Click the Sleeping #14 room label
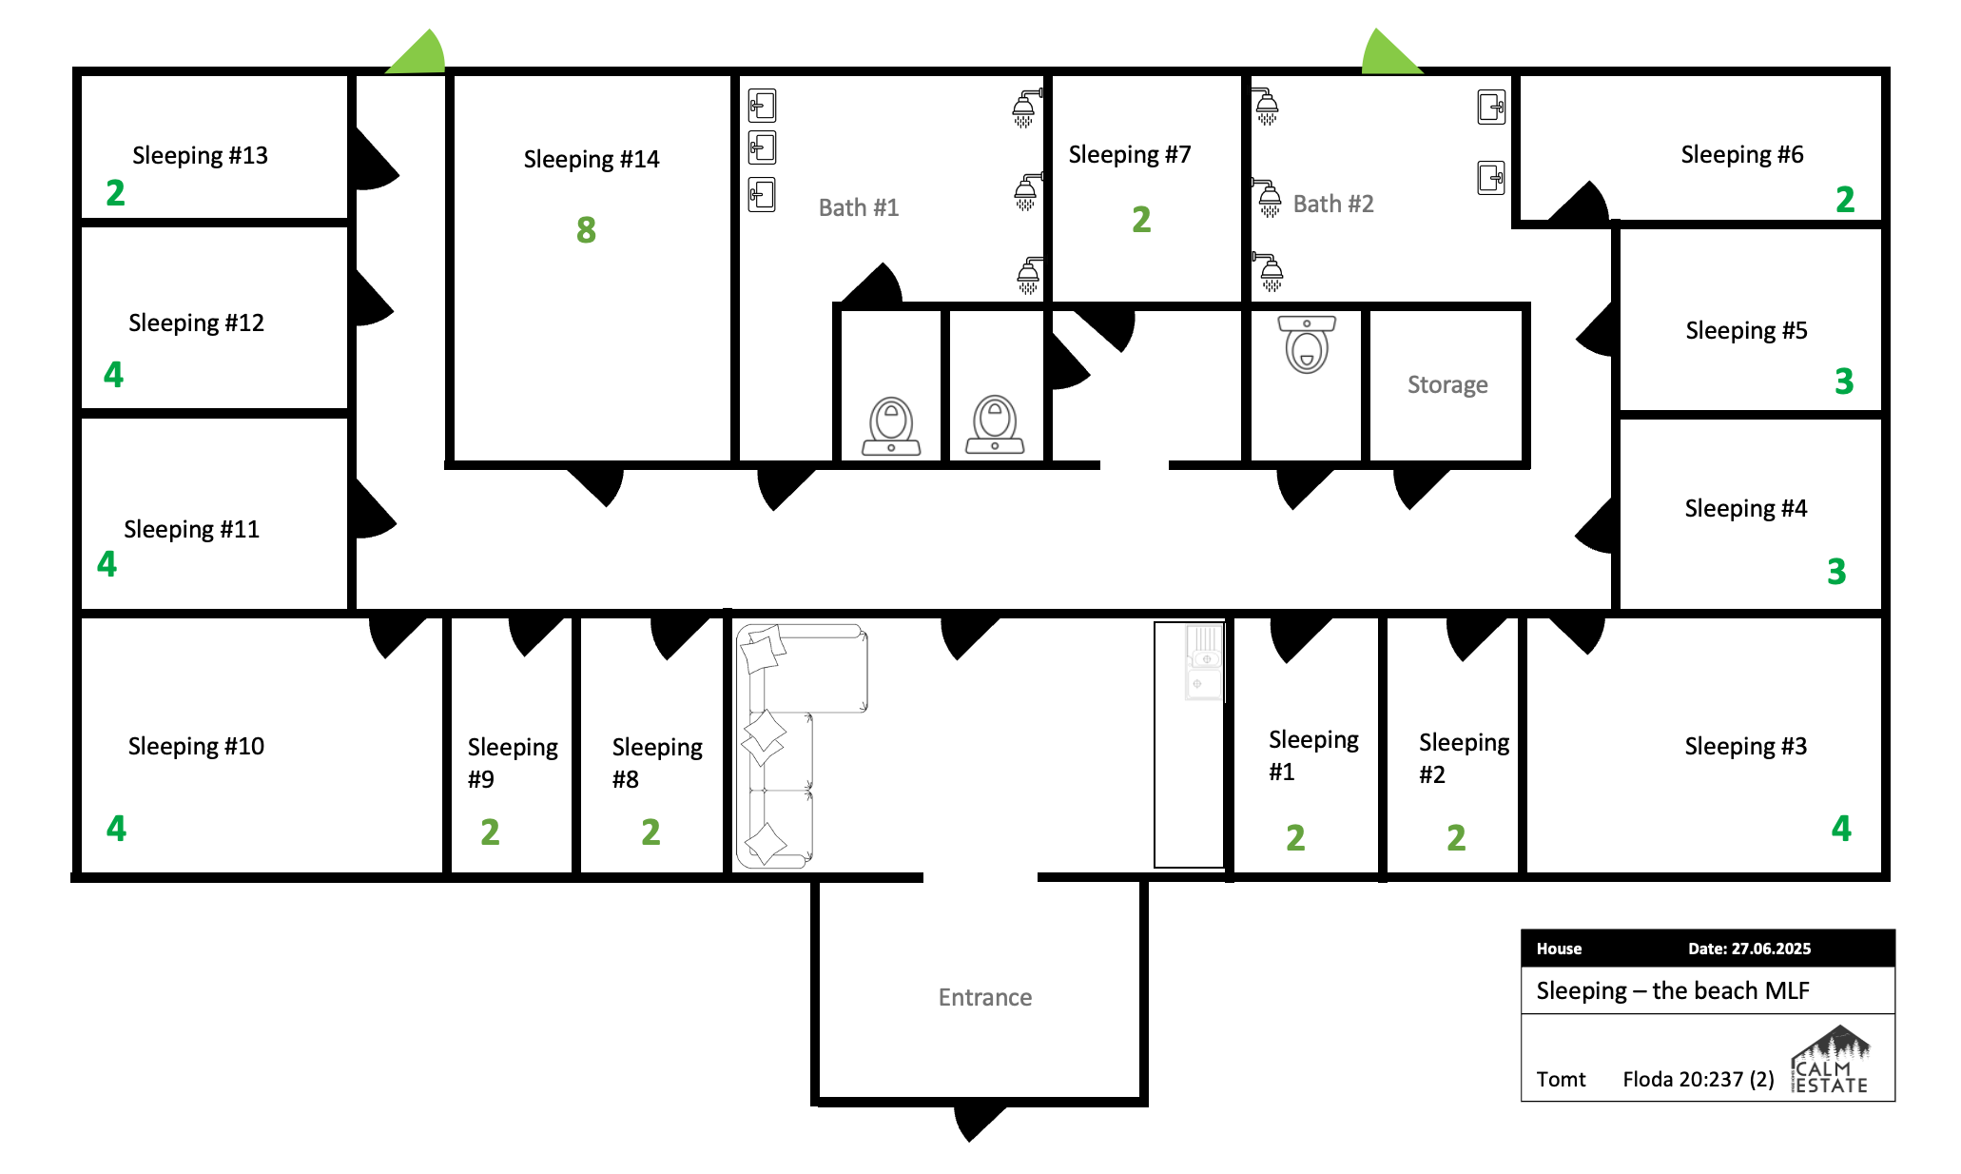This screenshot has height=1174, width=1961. [x=591, y=159]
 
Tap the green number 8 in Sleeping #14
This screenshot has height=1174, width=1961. [x=586, y=229]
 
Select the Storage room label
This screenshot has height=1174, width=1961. [x=1446, y=384]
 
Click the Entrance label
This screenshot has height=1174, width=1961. [x=984, y=997]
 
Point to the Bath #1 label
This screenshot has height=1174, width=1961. [x=858, y=207]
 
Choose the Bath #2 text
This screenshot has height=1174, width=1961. [x=1332, y=204]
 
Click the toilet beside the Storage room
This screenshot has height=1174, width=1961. [x=1308, y=343]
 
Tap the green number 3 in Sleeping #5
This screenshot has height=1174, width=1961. [x=1843, y=382]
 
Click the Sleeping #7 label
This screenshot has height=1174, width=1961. [x=1129, y=154]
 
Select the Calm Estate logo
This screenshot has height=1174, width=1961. [x=1831, y=1061]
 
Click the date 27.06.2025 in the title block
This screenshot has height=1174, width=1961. [x=1749, y=949]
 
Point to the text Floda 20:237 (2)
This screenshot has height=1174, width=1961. [x=1698, y=1079]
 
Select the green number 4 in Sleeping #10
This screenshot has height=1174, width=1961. [x=116, y=829]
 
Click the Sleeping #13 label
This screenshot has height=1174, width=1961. [x=200, y=155]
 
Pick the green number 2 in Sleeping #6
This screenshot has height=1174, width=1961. [x=1844, y=200]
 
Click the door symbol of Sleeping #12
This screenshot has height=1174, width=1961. [x=372, y=300]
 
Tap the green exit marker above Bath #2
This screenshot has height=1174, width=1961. [x=1388, y=53]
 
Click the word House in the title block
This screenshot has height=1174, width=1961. [x=1559, y=949]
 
